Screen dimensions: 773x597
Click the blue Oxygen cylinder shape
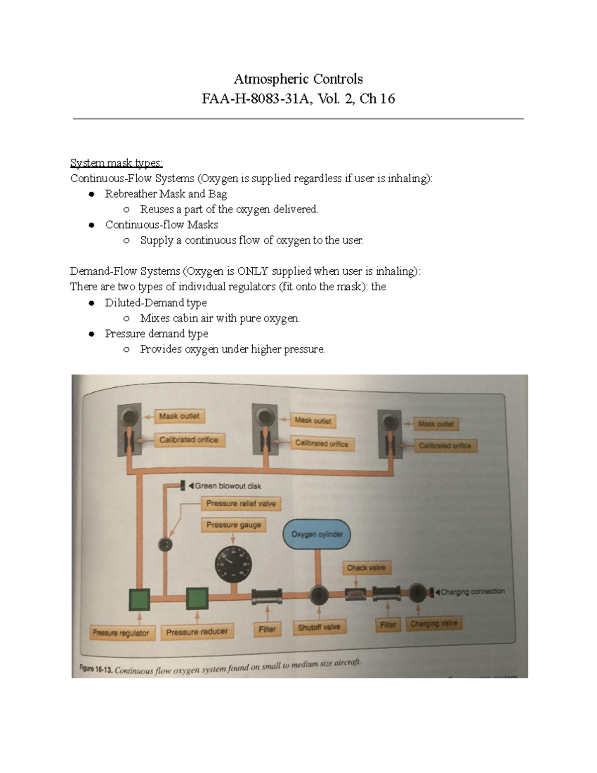click(316, 535)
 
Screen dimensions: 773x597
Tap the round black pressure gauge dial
click(233, 564)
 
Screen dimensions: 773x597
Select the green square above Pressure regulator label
click(139, 599)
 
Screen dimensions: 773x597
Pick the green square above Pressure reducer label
click(197, 599)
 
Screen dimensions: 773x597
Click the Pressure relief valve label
click(241, 504)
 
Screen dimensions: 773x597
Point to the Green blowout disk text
click(227, 486)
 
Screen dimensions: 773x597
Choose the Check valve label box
click(366, 568)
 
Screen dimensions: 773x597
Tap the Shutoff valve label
click(319, 627)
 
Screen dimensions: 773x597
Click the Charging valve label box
click(434, 624)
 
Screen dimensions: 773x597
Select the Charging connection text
click(473, 592)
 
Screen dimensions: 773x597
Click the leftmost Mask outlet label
click(179, 416)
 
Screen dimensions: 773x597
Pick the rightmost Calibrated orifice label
click(445, 446)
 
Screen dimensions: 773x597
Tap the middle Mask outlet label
click(312, 421)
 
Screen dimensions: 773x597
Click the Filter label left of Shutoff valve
click(267, 629)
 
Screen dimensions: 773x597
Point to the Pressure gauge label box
click(233, 525)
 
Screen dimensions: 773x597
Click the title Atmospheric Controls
click(298, 79)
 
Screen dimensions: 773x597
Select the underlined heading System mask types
click(116, 163)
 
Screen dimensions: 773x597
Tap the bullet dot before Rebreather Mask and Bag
click(92, 194)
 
